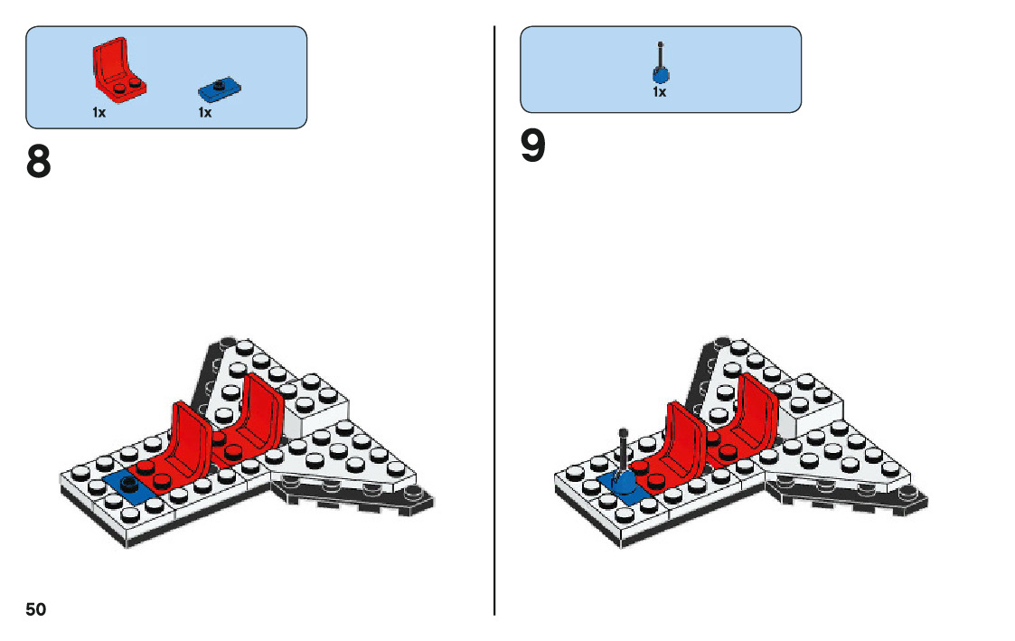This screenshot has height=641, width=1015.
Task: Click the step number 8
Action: coord(39,163)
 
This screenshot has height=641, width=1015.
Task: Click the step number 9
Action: coord(533,148)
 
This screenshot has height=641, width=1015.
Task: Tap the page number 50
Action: coord(35,608)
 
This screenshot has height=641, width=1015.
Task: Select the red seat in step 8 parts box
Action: coord(117,71)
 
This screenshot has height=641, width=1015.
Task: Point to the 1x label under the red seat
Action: coord(99,113)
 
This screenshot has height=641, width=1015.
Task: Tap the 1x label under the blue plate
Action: coord(205,113)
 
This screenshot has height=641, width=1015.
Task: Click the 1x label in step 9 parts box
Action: coord(660,91)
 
